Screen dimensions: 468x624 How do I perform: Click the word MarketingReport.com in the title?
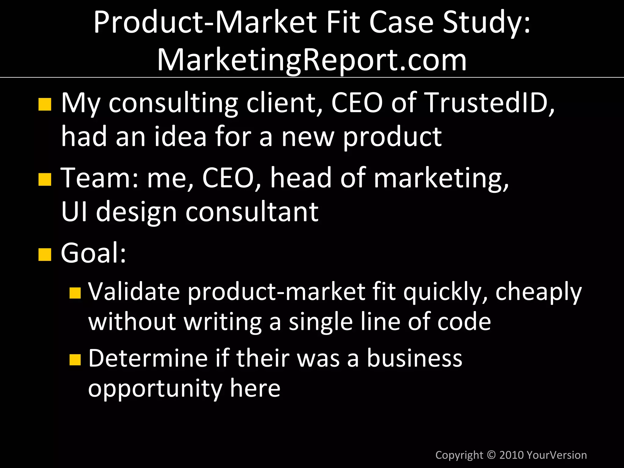[x=312, y=60]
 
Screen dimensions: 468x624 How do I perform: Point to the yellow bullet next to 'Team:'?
[x=45, y=179]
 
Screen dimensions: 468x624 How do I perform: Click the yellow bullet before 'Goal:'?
[x=45, y=254]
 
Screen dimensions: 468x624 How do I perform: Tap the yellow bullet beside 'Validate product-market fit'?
[x=75, y=293]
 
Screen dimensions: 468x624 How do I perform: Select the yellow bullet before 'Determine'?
[x=75, y=360]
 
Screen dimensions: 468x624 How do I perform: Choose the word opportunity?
[x=155, y=389]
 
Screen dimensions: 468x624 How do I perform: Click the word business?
[x=414, y=358]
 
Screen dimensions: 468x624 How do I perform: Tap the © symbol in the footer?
[x=491, y=455]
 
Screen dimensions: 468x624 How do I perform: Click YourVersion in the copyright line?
[x=556, y=455]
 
